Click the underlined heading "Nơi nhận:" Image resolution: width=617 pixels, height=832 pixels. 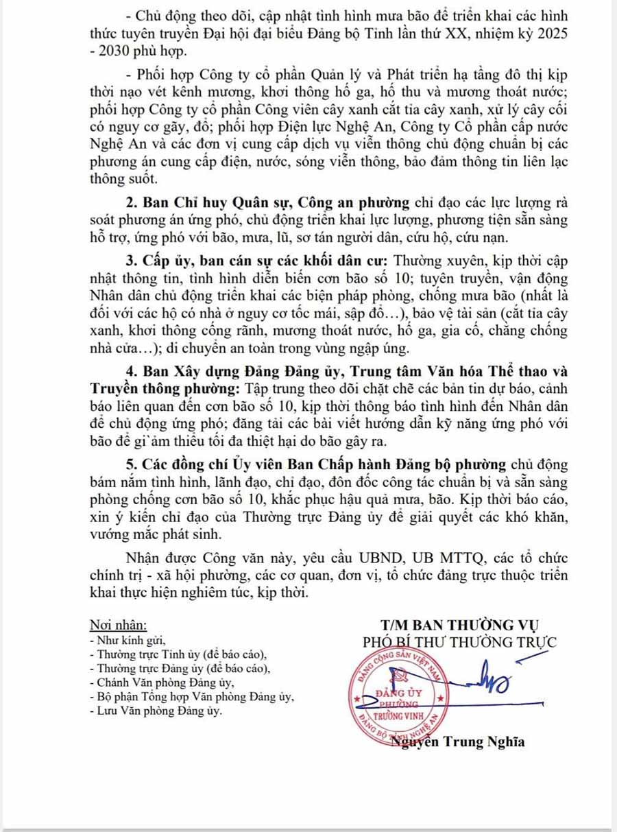[x=119, y=626]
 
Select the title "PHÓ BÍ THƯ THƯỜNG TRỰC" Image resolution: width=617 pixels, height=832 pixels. [x=459, y=642]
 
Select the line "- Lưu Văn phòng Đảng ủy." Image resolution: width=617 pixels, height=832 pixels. [x=156, y=711]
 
